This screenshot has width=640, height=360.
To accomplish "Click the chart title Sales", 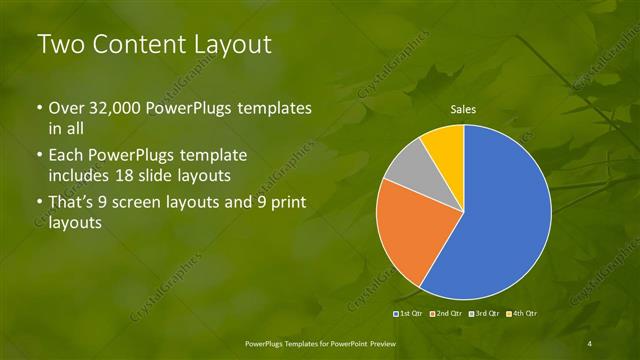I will coord(462,109).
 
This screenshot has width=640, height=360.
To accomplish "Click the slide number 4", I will coord(590,342).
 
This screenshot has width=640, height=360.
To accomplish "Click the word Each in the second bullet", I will coord(67,156).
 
